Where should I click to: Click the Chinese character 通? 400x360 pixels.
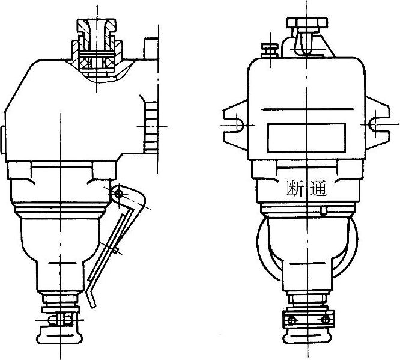(318, 189)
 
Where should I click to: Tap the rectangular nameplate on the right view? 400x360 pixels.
(306, 138)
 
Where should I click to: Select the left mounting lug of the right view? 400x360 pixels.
(235, 125)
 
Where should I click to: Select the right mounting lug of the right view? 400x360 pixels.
(378, 123)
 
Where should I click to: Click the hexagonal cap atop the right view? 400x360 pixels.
(307, 22)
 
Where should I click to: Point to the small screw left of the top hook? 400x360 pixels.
(270, 50)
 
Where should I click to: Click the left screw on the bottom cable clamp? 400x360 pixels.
(291, 320)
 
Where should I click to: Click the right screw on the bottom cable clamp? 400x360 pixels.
(326, 319)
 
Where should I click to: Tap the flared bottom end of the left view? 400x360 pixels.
(59, 335)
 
